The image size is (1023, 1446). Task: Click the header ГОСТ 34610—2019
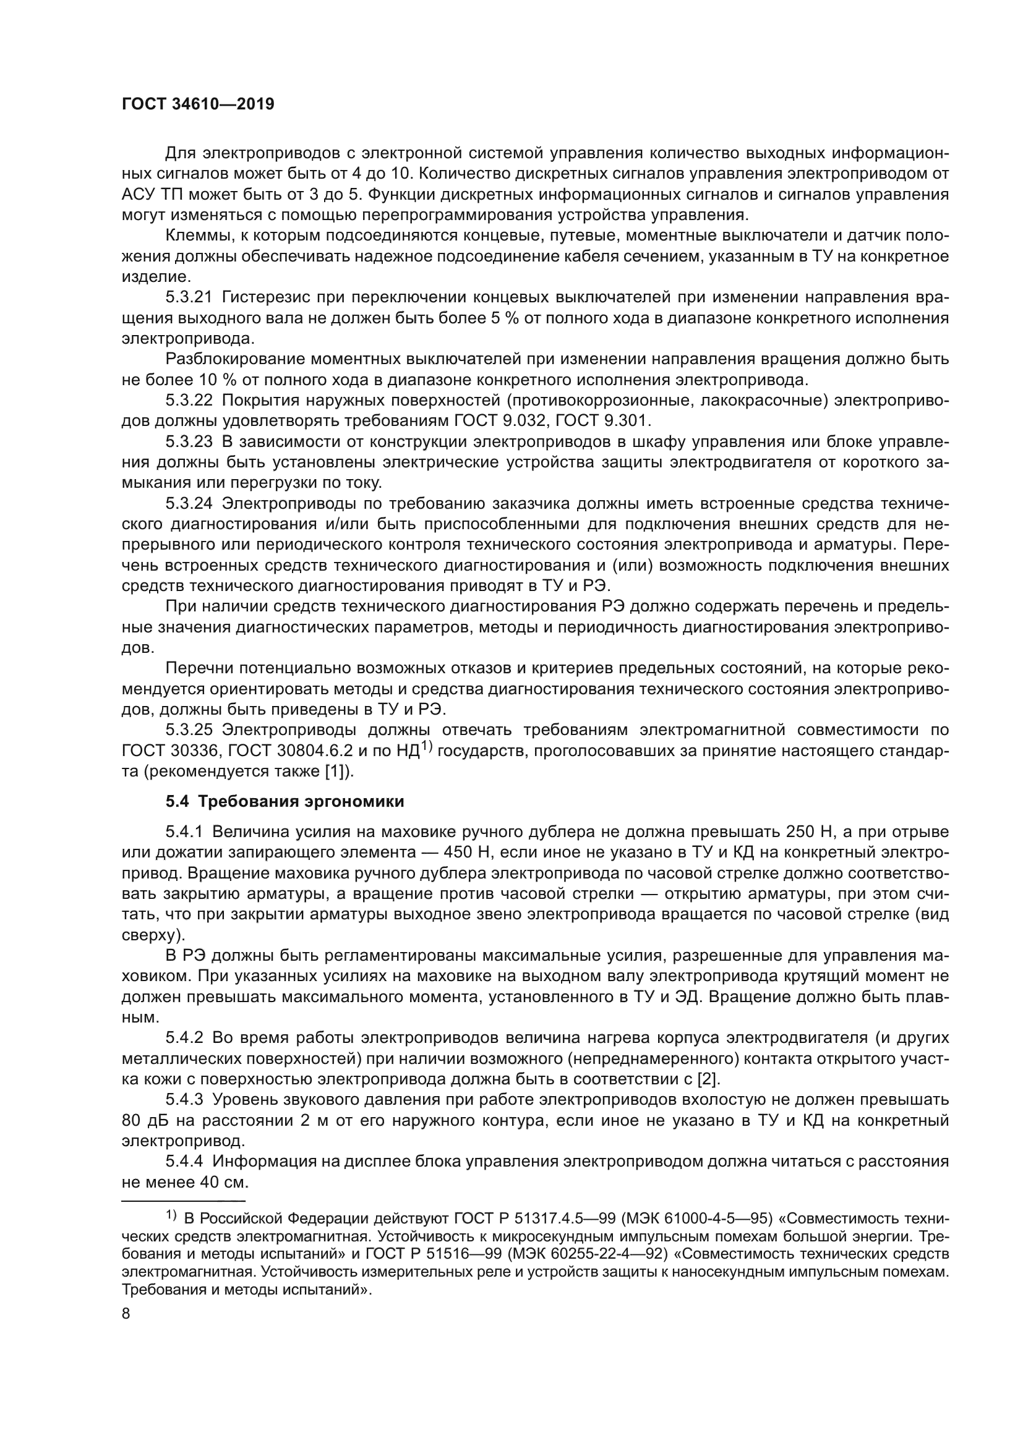[x=198, y=104]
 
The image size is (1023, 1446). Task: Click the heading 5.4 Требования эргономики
[x=285, y=801]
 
